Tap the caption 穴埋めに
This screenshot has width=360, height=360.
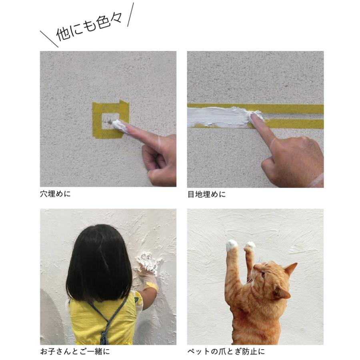(x=55, y=194)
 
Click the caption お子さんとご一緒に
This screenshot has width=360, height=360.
(x=75, y=352)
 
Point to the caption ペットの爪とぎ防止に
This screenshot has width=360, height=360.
(x=226, y=352)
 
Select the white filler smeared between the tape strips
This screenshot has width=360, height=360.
(x=220, y=117)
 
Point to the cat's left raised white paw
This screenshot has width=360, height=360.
(x=232, y=245)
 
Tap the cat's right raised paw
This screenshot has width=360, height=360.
(x=250, y=246)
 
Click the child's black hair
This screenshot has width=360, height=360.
(x=99, y=264)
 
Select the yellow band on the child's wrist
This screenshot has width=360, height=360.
(x=152, y=286)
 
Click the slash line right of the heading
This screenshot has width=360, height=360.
(x=130, y=14)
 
